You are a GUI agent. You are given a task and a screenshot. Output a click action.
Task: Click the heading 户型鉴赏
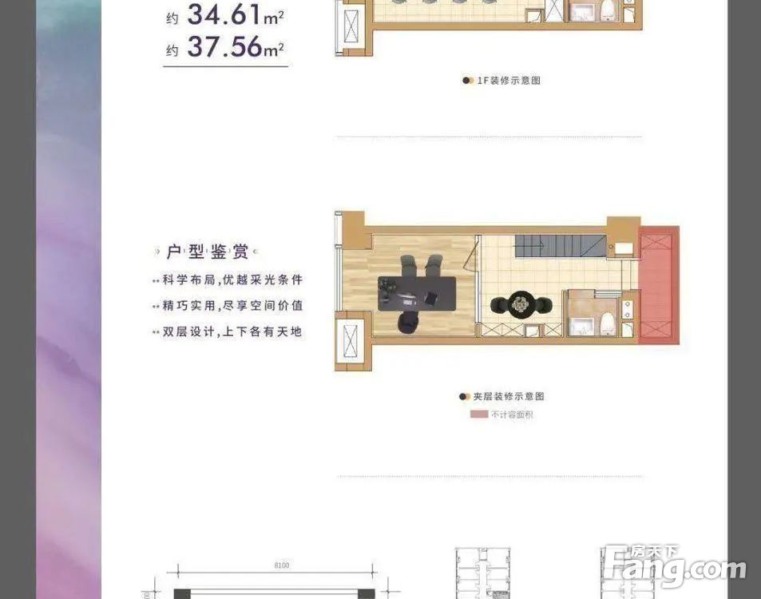click(207, 252)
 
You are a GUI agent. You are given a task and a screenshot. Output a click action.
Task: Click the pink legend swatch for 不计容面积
click(479, 415)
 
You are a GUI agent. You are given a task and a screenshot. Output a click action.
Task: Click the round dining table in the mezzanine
click(521, 303)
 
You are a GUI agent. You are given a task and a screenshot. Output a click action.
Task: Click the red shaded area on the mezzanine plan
click(659, 285)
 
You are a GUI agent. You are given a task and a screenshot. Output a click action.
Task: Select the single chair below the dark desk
click(408, 320)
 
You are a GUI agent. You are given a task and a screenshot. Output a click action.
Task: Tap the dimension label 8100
click(280, 565)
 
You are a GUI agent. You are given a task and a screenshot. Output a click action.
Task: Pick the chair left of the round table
click(497, 304)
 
